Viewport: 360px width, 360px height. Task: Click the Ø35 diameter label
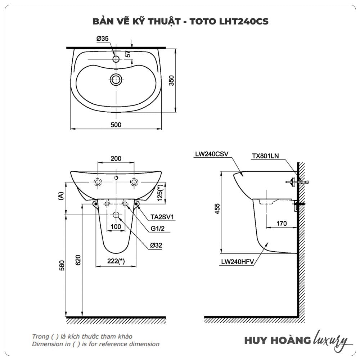click(x=102, y=39)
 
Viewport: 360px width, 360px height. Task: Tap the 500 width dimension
click(x=116, y=125)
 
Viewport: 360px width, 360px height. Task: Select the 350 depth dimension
click(x=171, y=80)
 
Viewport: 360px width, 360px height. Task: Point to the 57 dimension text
click(x=128, y=54)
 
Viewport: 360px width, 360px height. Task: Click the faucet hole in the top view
click(x=116, y=59)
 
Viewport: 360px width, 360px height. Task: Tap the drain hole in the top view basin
click(x=116, y=80)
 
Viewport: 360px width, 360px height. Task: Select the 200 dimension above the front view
click(x=116, y=158)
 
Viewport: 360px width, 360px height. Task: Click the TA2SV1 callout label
click(x=162, y=217)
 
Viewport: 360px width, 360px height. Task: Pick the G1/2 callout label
click(x=158, y=229)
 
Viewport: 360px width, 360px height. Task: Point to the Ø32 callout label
click(x=156, y=245)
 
